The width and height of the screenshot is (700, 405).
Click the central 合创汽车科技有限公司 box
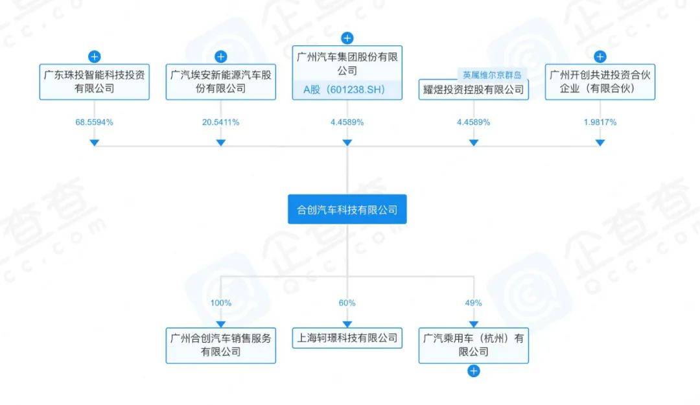[347, 209]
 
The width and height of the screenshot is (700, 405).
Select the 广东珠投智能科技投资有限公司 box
[94, 82]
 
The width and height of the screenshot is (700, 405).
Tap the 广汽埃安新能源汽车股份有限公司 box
[220, 82]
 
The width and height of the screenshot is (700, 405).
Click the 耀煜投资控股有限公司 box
[473, 89]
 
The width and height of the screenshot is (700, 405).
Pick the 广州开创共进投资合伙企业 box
[600, 82]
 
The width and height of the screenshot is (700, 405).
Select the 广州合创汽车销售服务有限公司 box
[220, 345]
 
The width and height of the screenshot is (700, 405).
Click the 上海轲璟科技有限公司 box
[347, 338]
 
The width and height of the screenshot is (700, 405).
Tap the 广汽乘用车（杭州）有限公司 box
[473, 345]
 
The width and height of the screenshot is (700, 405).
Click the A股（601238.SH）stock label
[344, 90]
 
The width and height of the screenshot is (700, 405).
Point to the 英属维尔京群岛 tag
[492, 75]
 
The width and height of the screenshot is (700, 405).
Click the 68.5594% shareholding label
[94, 122]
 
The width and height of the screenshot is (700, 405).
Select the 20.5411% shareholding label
[220, 122]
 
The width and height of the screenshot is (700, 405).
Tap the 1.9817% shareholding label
[600, 122]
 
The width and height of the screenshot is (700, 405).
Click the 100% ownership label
[220, 303]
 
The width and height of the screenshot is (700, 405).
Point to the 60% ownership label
[347, 303]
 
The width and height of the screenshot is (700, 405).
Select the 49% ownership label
[473, 303]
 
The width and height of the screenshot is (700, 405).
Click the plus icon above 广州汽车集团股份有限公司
[347, 38]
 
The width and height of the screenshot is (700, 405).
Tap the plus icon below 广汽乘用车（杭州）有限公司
[473, 371]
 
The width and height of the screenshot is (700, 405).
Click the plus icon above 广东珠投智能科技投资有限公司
[94, 57]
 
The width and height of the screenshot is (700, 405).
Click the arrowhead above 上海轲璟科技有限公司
[347, 324]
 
